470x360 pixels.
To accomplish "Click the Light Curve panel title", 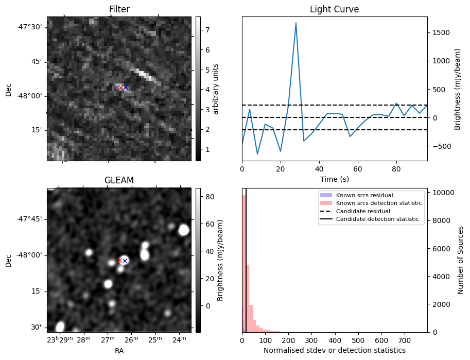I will coord(334,9).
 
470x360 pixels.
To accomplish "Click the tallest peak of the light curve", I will coord(296,23).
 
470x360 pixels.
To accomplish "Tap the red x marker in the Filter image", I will coord(120,88).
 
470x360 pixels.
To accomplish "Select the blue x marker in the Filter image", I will coord(126,88).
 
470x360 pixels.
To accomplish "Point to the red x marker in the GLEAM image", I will coord(119,260).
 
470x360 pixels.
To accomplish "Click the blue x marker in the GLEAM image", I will coord(125,261).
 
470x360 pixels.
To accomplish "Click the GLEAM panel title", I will coord(119,180).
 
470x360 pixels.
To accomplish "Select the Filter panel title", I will coord(119,9).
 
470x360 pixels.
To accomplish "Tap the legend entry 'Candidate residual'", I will coord(363,212).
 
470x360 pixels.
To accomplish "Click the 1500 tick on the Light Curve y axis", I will coord(441,32).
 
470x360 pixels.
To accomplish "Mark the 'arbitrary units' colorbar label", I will coord(216,89).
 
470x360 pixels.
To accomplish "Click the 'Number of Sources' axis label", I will coord(461,260).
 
